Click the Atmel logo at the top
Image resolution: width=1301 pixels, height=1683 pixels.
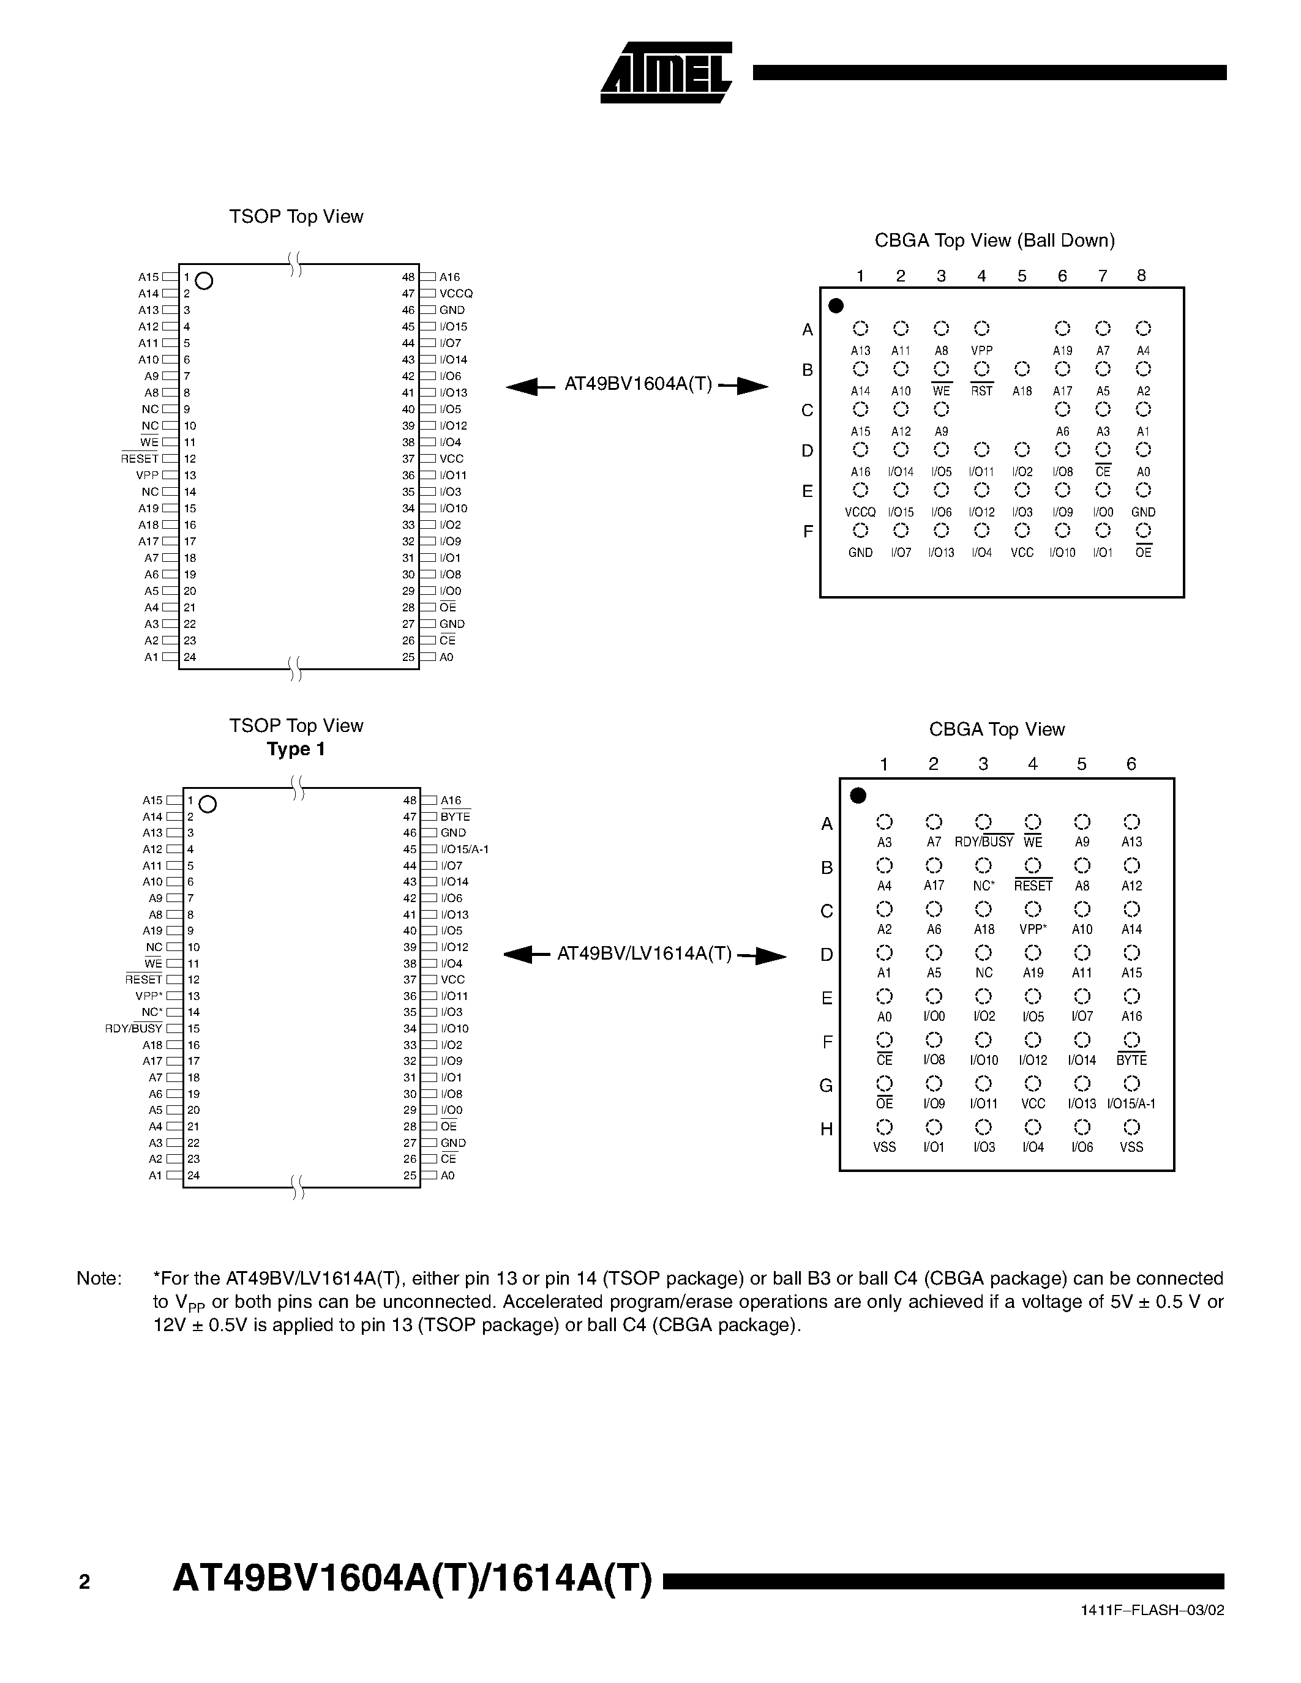(x=666, y=72)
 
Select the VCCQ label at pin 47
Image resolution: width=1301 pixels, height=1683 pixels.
(x=456, y=294)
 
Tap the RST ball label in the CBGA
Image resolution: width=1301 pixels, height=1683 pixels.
(x=981, y=392)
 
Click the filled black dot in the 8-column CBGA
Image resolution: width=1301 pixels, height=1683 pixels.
(x=836, y=306)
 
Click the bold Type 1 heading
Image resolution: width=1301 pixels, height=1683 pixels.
(x=296, y=749)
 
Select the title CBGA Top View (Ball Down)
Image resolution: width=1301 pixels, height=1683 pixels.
(x=994, y=241)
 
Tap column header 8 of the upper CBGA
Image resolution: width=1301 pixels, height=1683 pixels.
(x=1141, y=276)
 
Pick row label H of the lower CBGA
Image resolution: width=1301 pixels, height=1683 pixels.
(x=827, y=1130)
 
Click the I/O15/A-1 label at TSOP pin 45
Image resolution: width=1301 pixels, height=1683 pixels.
(x=464, y=849)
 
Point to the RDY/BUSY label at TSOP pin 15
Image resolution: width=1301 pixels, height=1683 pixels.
(x=134, y=1029)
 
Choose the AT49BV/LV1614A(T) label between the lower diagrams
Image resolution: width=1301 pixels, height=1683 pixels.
(x=644, y=955)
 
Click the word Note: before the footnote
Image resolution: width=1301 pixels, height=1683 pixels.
(x=99, y=1278)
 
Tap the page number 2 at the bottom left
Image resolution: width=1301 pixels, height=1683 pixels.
(x=84, y=1582)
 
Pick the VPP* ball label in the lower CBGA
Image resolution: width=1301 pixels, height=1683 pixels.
(x=1033, y=930)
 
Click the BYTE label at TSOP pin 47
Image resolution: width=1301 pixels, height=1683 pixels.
(x=455, y=817)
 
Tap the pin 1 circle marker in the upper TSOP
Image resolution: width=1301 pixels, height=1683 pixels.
(x=204, y=280)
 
